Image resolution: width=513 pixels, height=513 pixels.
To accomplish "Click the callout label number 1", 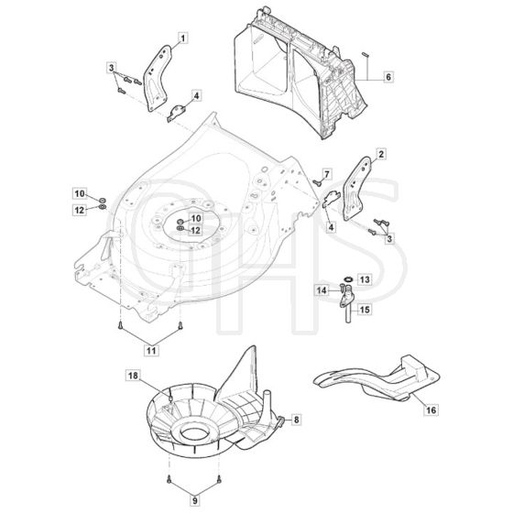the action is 183,38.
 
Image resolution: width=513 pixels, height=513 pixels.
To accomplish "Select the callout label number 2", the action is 381,154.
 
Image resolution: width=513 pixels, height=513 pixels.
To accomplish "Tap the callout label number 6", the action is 388,77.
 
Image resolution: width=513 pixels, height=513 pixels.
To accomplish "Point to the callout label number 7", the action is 327,174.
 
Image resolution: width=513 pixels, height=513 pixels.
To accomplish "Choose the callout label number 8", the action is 297,420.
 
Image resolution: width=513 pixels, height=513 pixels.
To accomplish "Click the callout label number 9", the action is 195,500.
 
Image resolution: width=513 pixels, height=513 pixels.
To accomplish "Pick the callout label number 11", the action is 151,350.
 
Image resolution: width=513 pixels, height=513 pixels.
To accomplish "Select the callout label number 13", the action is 365,279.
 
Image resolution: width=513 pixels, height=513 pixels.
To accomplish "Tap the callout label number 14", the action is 322,290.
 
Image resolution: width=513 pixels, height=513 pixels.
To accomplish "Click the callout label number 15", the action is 365,310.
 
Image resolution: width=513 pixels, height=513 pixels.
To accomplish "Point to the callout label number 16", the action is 431,409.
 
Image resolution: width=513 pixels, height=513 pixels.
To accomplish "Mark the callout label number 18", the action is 133,376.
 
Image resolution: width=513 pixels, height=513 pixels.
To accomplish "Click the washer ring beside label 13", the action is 348,279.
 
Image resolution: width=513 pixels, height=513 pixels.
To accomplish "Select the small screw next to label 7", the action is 316,182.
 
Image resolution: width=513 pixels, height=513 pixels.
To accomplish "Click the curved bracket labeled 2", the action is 356,188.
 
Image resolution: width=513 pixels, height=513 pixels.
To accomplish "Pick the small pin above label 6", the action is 366,55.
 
